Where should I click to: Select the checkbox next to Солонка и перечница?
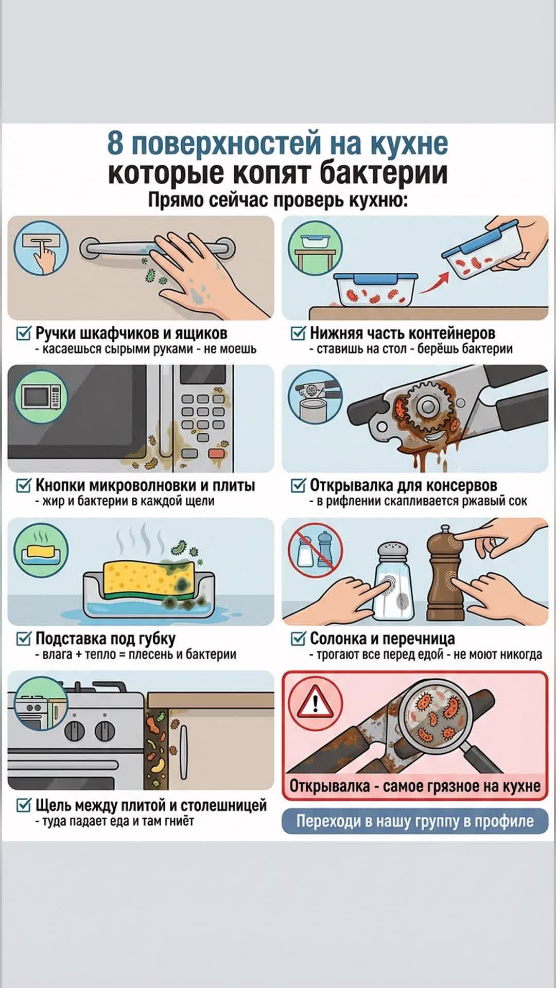(299, 639)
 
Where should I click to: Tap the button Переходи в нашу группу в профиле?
(415, 821)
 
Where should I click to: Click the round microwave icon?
(41, 397)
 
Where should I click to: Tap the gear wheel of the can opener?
(425, 408)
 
